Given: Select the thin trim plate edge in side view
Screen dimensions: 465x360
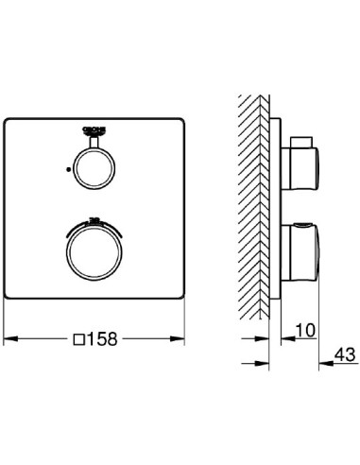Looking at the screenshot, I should coord(276,208).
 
